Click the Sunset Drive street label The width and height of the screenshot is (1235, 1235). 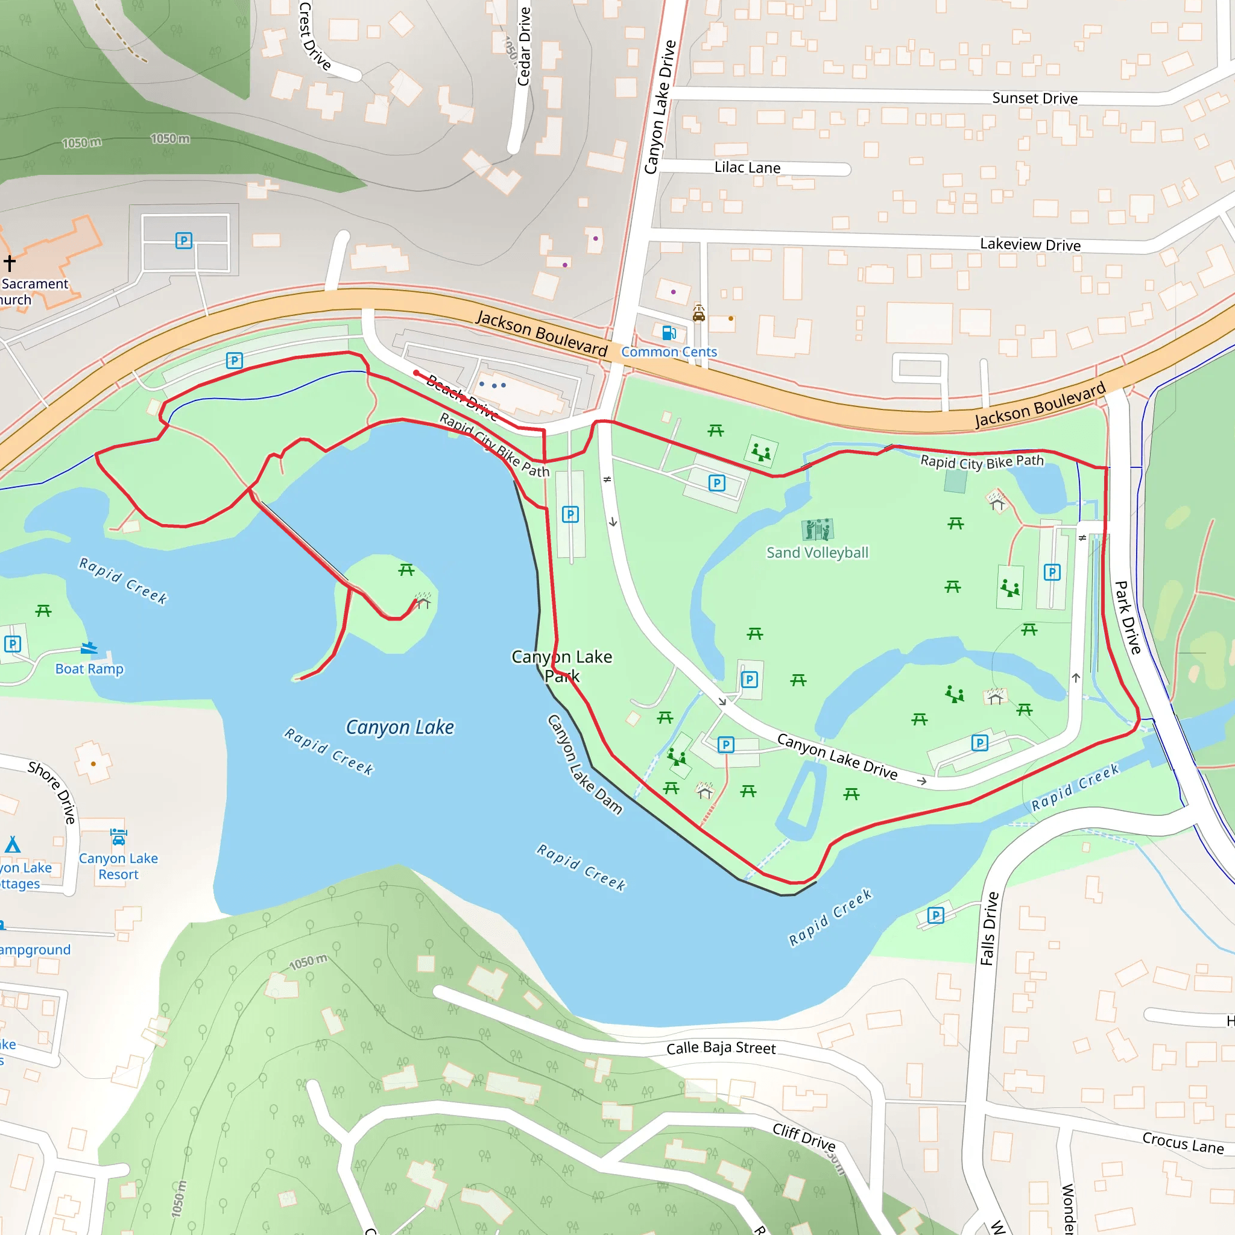(1034, 98)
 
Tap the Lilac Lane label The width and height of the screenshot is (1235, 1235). (747, 168)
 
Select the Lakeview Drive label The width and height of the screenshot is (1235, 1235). (1030, 244)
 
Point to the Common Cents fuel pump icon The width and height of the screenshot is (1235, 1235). (669, 333)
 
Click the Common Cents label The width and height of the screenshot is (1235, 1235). (669, 352)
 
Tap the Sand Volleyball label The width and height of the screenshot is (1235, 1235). (817, 553)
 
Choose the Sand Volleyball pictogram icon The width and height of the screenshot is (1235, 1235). (817, 529)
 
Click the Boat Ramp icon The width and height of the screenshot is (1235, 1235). (89, 648)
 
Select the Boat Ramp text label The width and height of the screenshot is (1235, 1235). (89, 669)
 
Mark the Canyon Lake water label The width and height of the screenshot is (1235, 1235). (400, 727)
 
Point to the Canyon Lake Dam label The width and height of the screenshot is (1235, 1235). (584, 765)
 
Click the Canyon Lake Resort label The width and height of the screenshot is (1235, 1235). (118, 866)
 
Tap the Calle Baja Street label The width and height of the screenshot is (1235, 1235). (721, 1048)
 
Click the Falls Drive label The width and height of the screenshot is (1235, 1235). (989, 928)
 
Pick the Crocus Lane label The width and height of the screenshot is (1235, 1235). (1183, 1142)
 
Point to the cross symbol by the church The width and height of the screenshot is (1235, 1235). (10, 262)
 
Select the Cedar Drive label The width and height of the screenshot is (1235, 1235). (524, 46)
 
